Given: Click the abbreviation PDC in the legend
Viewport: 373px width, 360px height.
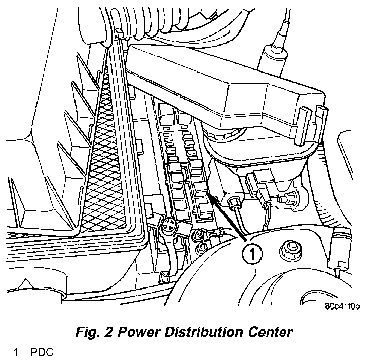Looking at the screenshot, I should pyautogui.click(x=44, y=351).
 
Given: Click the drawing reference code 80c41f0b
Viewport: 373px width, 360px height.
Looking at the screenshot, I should pyautogui.click(x=342, y=306).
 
